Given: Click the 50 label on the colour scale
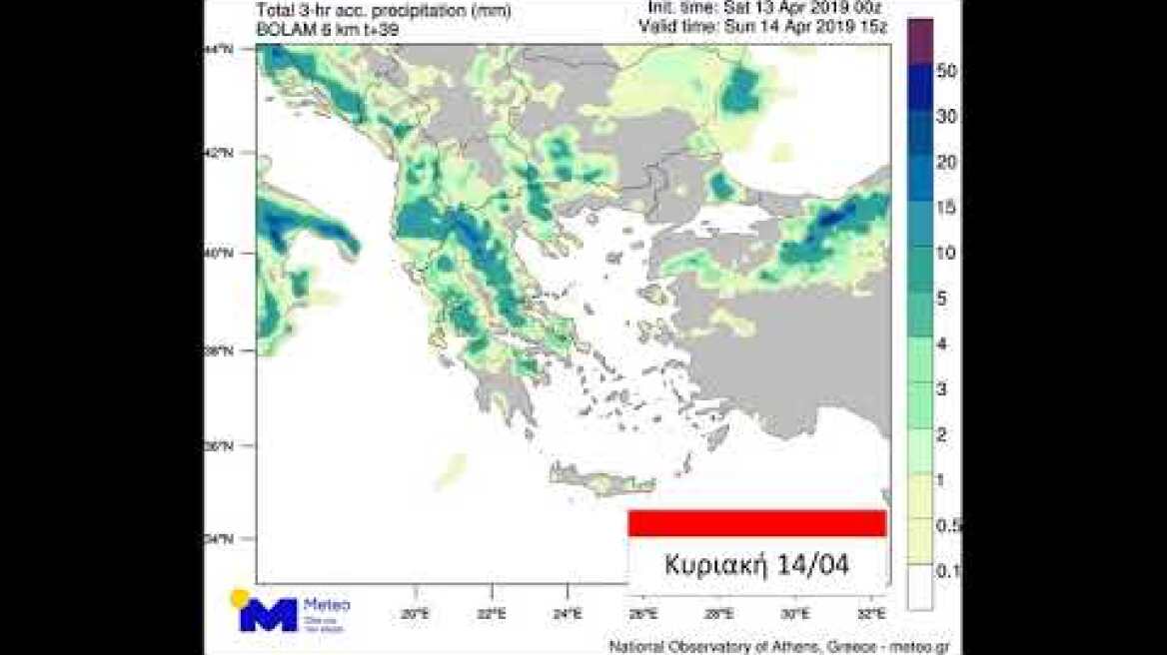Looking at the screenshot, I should pos(946,71).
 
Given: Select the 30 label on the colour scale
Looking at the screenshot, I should pos(946,116).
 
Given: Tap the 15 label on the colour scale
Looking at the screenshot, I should pos(946,208).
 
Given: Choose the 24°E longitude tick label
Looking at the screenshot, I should pos(567,613).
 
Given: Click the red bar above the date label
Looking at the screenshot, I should pos(756,523).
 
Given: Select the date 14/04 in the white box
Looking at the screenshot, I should pos(811,565).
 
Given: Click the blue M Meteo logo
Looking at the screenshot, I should pos(268,614).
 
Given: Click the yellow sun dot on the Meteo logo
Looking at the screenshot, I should pos(240,598).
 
